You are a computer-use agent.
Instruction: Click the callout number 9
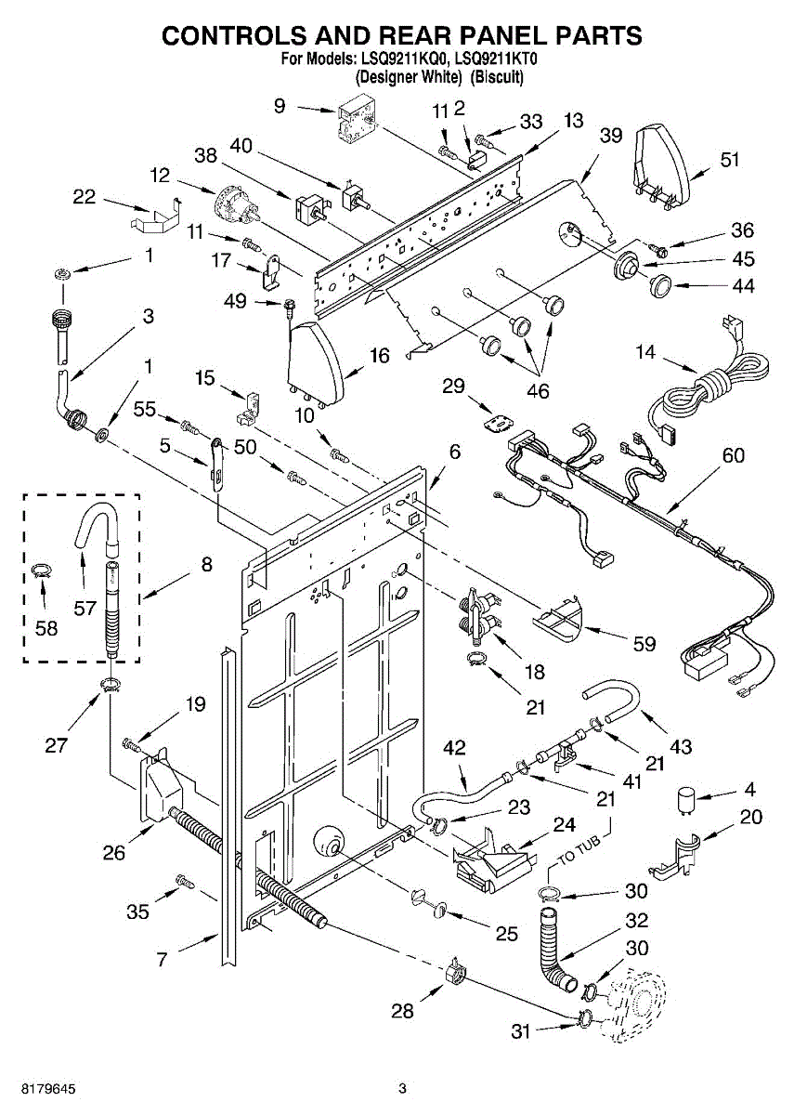point(280,107)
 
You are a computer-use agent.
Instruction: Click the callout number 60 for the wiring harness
point(734,456)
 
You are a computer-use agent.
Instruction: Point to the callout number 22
point(85,196)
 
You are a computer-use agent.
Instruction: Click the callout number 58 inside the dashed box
point(46,628)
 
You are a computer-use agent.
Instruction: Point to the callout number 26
point(114,852)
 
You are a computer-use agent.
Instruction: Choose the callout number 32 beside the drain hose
point(636,921)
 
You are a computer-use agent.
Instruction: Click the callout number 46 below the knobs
point(537,391)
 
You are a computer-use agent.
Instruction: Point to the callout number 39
point(610,136)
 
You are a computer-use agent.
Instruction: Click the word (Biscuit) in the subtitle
point(497,77)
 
